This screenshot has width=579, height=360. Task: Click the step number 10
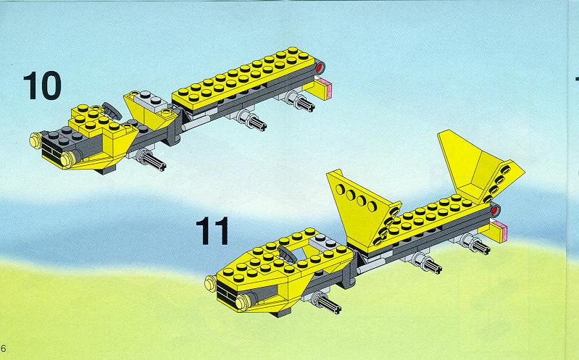(x=42, y=85)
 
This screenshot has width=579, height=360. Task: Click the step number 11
(x=212, y=231)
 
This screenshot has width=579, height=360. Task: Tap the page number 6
(x=4, y=348)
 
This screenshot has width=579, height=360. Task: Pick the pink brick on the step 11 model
(x=500, y=229)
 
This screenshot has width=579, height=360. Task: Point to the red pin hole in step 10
(x=320, y=67)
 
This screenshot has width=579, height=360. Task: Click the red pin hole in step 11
(x=495, y=211)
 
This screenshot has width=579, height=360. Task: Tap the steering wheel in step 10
(x=112, y=110)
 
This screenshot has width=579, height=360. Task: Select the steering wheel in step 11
(x=286, y=254)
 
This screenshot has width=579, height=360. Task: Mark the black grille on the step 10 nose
(x=51, y=152)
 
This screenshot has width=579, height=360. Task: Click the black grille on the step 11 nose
(x=227, y=295)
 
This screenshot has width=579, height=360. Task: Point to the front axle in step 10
(x=151, y=160)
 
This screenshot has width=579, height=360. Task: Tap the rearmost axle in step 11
(x=475, y=244)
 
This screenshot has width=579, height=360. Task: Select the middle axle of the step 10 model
(x=252, y=120)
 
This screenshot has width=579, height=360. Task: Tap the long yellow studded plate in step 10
(x=243, y=78)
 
